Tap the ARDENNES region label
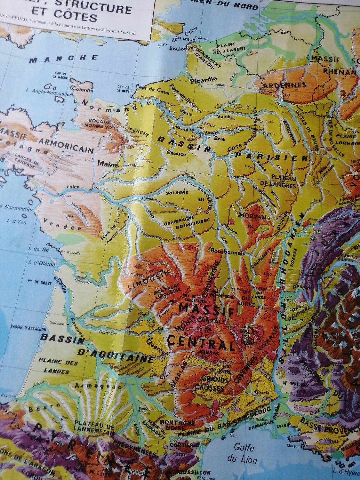click(x=284, y=85)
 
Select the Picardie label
click(x=204, y=79)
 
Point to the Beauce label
click(x=177, y=154)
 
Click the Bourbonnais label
click(x=228, y=252)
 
